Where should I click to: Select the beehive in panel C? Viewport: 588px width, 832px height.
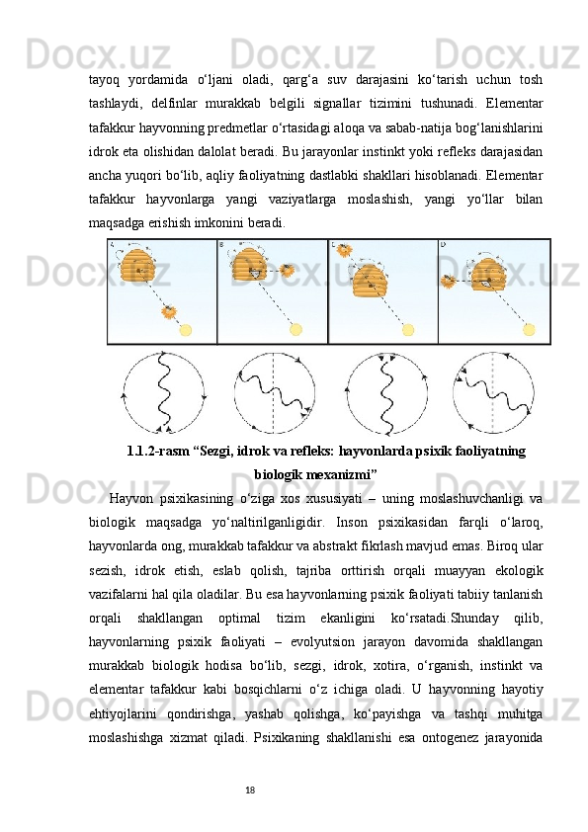pyautogui.click(x=371, y=281)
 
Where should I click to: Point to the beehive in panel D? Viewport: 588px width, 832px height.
pyautogui.click(x=487, y=274)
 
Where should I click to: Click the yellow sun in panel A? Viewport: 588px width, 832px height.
pyautogui.click(x=186, y=329)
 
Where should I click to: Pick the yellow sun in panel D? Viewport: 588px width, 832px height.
pyautogui.click(x=529, y=329)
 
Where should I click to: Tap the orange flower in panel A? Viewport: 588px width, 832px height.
pyautogui.click(x=169, y=313)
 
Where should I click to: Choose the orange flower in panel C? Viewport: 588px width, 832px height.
pyautogui.click(x=345, y=251)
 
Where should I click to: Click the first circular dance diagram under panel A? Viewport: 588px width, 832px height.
pyautogui.click(x=164, y=392)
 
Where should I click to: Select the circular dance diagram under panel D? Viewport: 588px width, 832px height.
pyautogui.click(x=493, y=392)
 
